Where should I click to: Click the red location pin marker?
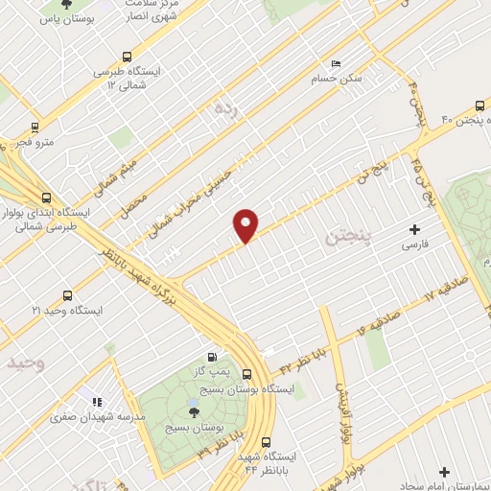(x=246, y=223)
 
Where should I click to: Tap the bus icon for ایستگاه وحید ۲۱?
(x=67, y=295)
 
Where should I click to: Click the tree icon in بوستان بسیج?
(x=195, y=409)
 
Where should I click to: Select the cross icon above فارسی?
(x=414, y=229)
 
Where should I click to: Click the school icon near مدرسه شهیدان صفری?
(x=95, y=401)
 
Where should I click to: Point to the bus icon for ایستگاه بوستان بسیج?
(x=247, y=375)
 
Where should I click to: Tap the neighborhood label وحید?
(x=26, y=364)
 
